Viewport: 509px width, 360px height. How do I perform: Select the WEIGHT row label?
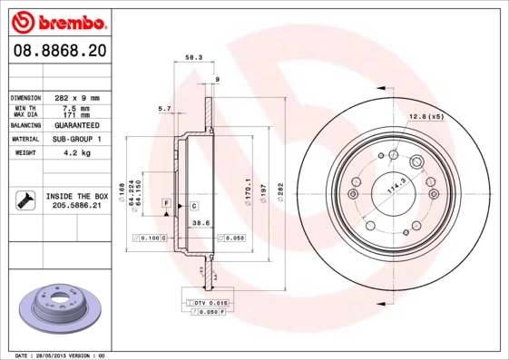pos(24,153)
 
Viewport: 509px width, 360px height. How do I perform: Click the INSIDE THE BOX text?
pos(76,196)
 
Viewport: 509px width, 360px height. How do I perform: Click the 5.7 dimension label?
pos(165,109)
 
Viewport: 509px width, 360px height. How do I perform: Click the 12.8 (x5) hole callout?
pos(426,116)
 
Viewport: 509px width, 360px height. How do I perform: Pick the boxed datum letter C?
pos(193,207)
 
